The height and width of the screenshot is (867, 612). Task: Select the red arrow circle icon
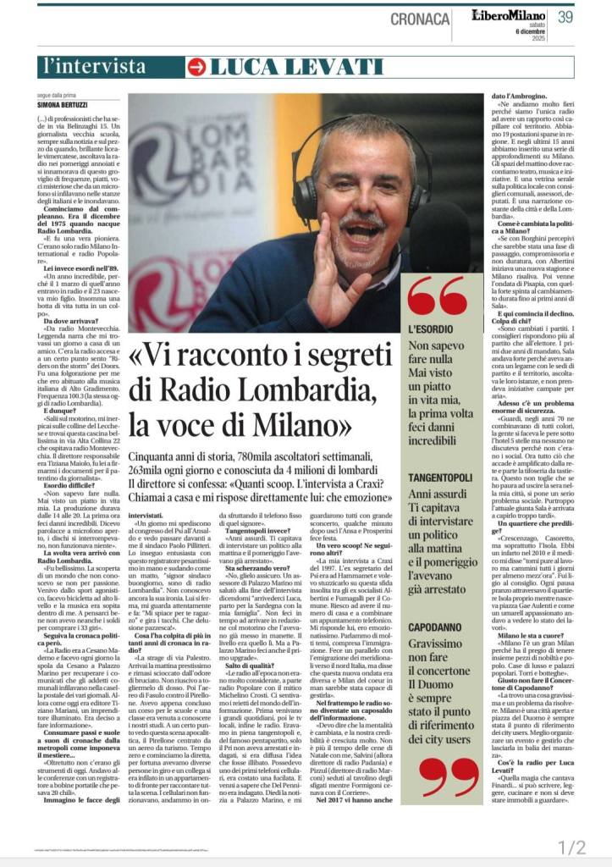(x=196, y=66)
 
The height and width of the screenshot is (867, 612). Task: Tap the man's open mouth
(x=369, y=231)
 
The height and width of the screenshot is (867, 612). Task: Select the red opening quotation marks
(x=435, y=295)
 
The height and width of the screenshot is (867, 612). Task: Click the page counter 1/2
(x=572, y=847)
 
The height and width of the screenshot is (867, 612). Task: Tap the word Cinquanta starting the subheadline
(x=153, y=458)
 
